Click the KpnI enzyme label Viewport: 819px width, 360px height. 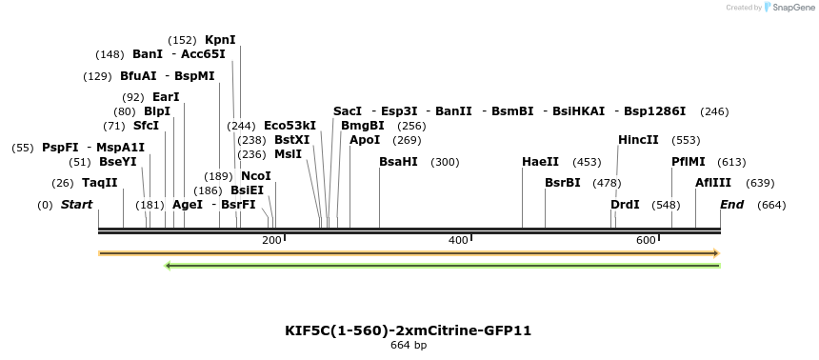(220, 40)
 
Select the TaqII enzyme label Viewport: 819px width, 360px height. (99, 183)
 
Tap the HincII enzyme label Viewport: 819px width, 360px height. (638, 140)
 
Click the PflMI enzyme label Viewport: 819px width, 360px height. (689, 162)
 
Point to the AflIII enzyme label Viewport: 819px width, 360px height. (713, 183)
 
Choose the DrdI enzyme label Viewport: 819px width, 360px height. (625, 205)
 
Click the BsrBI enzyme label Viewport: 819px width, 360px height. (562, 183)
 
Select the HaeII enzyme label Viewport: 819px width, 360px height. (540, 162)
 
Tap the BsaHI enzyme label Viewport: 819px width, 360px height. (398, 162)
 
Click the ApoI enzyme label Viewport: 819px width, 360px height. (365, 140)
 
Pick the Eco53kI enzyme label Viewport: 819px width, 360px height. (290, 126)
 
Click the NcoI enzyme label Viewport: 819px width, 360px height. (256, 176)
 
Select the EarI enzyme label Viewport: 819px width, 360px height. (166, 97)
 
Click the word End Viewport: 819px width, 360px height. (731, 205)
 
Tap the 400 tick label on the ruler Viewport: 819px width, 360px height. (457, 240)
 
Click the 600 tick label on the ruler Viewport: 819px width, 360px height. (646, 240)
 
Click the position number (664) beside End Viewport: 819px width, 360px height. (771, 205)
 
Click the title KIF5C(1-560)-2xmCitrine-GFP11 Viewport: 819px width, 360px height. (408, 330)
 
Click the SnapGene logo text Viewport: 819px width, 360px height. (793, 8)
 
